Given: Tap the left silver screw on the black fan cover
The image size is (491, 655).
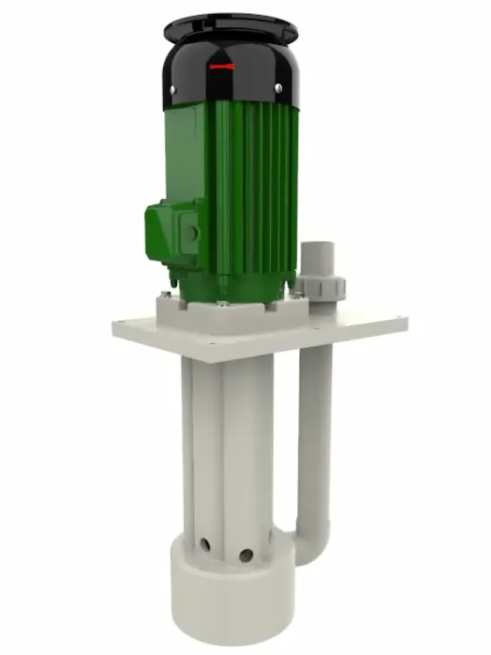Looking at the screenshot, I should [x=174, y=88].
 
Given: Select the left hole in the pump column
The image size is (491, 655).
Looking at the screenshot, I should [x=204, y=545].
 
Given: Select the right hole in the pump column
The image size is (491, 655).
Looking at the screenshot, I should [x=246, y=554].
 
